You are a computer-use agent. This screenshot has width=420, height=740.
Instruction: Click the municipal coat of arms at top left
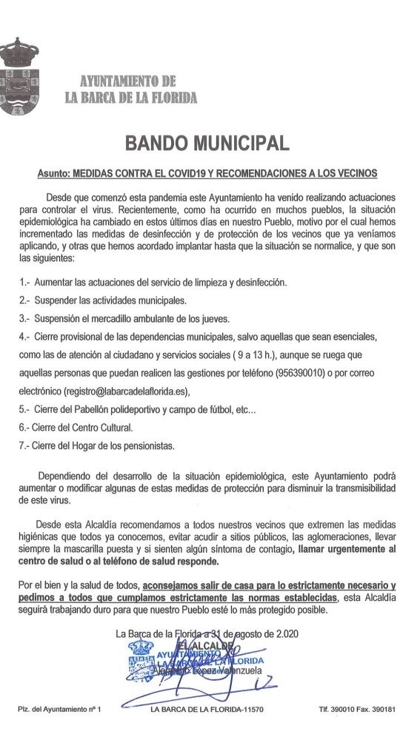coord(19,77)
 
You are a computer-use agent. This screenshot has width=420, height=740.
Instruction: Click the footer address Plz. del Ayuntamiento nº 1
coord(59,709)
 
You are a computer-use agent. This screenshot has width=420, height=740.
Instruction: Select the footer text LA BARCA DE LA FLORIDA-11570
coord(207,709)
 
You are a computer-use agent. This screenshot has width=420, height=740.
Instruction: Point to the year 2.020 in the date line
coord(281,633)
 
